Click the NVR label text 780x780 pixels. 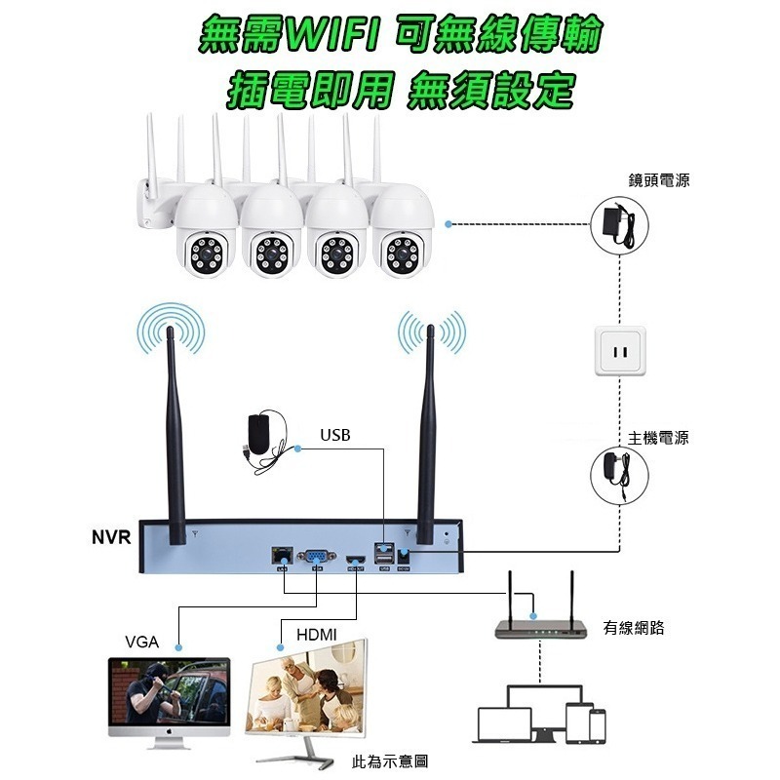(x=111, y=537)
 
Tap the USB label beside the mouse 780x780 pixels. (x=335, y=435)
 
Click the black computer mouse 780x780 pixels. (x=259, y=433)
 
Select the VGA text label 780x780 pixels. (x=141, y=642)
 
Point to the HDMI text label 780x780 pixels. (x=316, y=635)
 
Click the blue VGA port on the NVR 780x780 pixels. (x=316, y=556)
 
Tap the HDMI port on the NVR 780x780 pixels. (x=356, y=560)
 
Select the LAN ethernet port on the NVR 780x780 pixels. (x=282, y=555)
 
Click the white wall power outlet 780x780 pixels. (x=620, y=351)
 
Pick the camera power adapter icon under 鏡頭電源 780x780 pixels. (x=619, y=225)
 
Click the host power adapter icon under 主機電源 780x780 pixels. (x=619, y=475)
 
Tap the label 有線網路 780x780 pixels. (x=634, y=628)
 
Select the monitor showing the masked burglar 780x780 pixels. (x=169, y=702)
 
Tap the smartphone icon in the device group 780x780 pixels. (x=598, y=726)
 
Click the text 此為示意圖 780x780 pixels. (x=389, y=761)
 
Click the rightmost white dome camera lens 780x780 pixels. (x=403, y=254)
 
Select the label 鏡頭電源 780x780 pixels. (x=659, y=180)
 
